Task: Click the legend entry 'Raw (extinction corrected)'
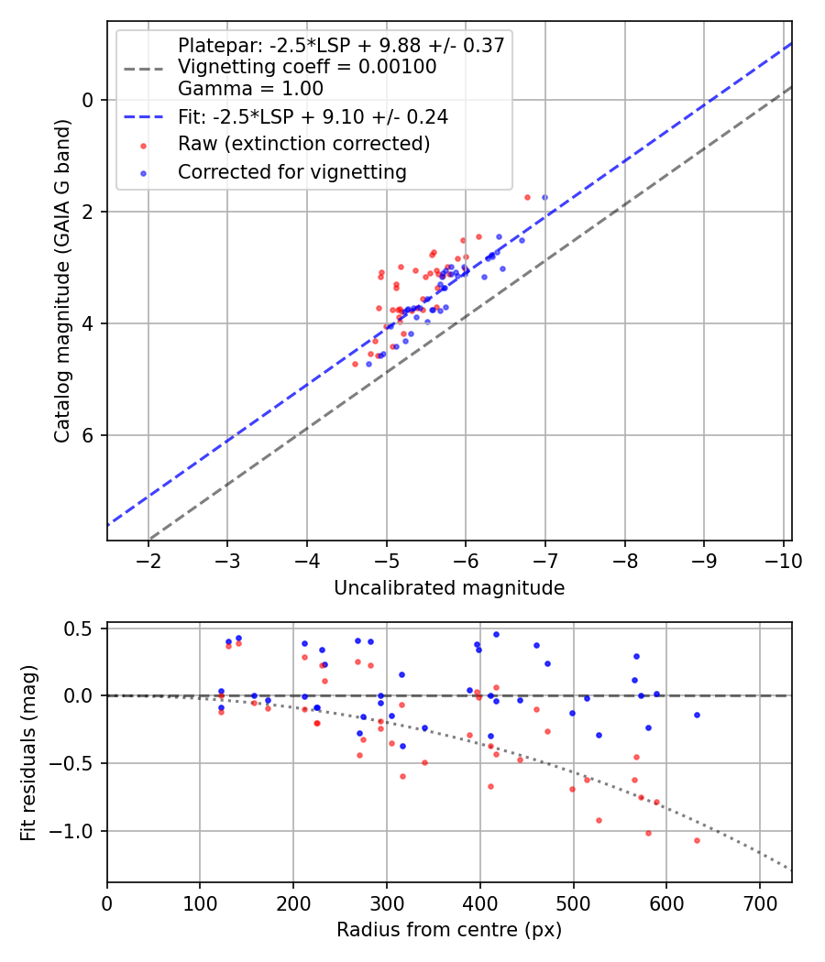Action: pos(303,144)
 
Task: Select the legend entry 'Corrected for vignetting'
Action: pos(291,171)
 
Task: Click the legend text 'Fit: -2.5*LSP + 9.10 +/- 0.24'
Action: pos(313,116)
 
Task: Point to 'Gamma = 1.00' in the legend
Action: pos(250,89)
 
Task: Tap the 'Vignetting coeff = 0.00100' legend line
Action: pos(307,67)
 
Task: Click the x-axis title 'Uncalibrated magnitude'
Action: pos(449,587)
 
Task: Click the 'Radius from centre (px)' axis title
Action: pos(449,930)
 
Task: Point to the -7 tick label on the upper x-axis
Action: pos(545,560)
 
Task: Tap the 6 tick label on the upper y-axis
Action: pos(88,435)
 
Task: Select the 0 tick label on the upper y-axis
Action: pos(88,100)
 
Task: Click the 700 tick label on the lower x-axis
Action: pos(760,902)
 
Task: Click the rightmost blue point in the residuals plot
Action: pos(697,715)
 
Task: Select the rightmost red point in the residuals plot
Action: pos(697,840)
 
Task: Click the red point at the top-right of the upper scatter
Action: pos(527,197)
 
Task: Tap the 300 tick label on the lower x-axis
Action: pos(387,902)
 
